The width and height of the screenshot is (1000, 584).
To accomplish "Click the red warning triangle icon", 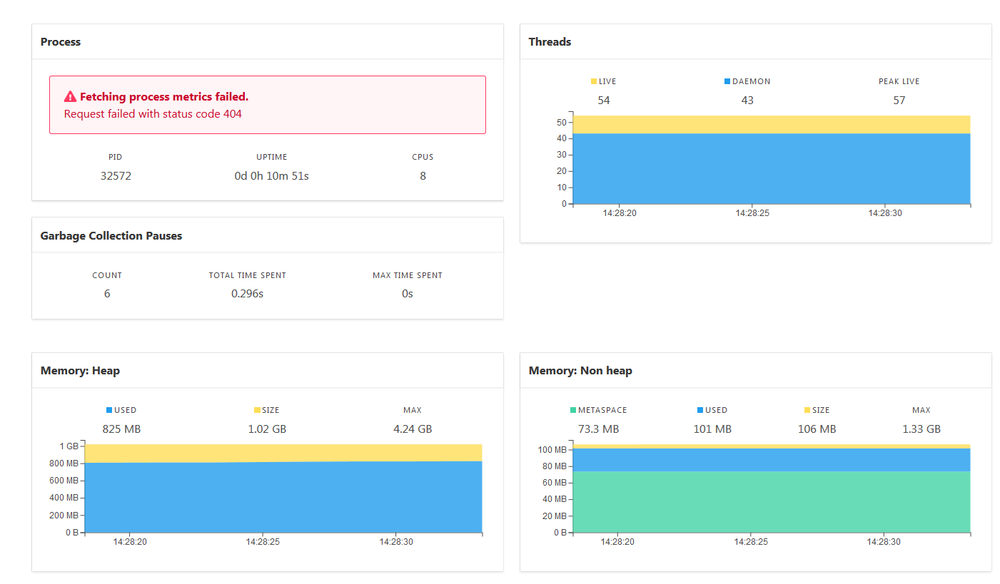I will [x=70, y=97].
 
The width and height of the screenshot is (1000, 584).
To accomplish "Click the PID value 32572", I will [x=116, y=175].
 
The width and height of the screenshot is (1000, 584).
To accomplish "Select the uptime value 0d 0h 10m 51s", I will [x=271, y=175].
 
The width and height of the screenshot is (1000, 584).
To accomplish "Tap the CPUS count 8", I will [x=423, y=175].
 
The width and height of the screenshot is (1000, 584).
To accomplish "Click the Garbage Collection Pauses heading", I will [x=111, y=236].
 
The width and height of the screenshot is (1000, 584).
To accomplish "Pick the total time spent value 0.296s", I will [x=247, y=293].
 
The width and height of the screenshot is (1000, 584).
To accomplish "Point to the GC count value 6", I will [x=107, y=293].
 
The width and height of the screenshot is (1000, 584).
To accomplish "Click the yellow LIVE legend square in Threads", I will [x=594, y=82].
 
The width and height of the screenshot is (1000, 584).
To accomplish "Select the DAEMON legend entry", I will [x=747, y=82].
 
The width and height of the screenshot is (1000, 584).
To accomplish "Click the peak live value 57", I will [x=899, y=101].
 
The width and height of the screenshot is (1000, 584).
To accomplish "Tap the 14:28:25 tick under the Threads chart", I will [x=752, y=213].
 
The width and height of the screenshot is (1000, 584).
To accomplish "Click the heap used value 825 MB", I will [x=121, y=429].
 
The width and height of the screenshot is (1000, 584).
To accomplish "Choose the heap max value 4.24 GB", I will [x=412, y=429].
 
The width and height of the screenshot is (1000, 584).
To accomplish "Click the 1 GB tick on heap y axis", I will [x=69, y=446].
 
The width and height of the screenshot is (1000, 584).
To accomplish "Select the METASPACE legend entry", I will [x=598, y=411].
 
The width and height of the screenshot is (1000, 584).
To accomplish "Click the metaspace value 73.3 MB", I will [x=598, y=429].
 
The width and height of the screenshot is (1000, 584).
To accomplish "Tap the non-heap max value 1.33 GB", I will [x=921, y=429].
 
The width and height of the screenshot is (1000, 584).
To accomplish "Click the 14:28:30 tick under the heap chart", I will [x=395, y=542].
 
